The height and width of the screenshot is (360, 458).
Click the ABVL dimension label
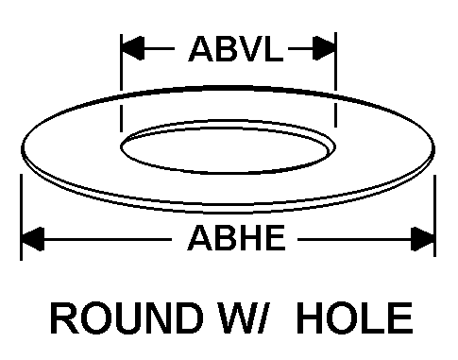tap(236, 49)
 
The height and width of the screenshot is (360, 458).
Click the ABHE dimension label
tap(236, 238)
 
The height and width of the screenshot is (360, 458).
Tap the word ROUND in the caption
tap(127, 317)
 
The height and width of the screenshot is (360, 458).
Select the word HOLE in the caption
tap(355, 317)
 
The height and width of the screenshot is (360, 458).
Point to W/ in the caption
tap(246, 317)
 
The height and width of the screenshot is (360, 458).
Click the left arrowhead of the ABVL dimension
tap(132, 48)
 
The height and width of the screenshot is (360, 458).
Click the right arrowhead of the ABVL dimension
tap(324, 48)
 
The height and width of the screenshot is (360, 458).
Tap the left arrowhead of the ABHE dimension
tap(32, 239)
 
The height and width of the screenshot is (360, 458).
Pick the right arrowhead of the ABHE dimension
tap(423, 239)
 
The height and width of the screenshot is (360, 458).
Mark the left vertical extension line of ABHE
tap(21, 217)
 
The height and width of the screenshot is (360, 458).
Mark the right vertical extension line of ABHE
tap(434, 216)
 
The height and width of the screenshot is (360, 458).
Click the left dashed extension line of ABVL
tap(121, 82)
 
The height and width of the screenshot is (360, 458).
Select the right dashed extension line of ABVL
tap(335, 80)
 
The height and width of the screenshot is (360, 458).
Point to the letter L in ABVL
tap(274, 49)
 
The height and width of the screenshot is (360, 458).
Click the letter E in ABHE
tap(275, 238)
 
